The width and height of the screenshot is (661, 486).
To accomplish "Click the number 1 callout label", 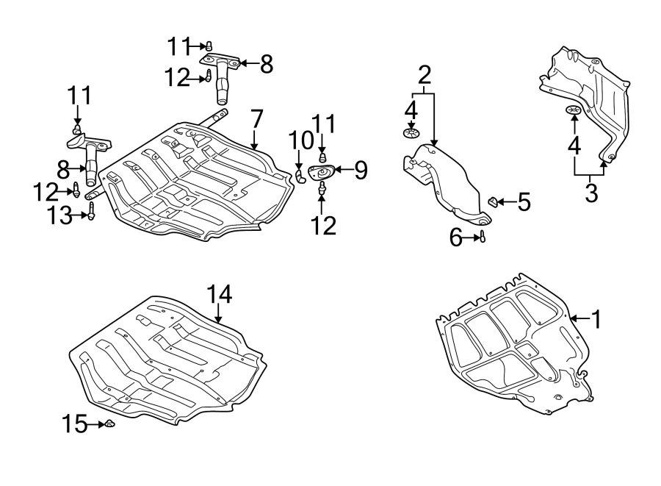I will [x=597, y=319].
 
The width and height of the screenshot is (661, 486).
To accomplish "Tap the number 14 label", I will [x=219, y=295].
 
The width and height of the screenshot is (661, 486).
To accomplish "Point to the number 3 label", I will [x=590, y=193].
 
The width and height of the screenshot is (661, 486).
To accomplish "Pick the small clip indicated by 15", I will [x=108, y=424].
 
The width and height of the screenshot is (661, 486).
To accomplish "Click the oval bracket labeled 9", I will [x=322, y=173].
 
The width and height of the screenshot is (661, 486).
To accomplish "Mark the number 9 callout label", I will [x=360, y=171].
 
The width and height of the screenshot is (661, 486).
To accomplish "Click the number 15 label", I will [x=74, y=424].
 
